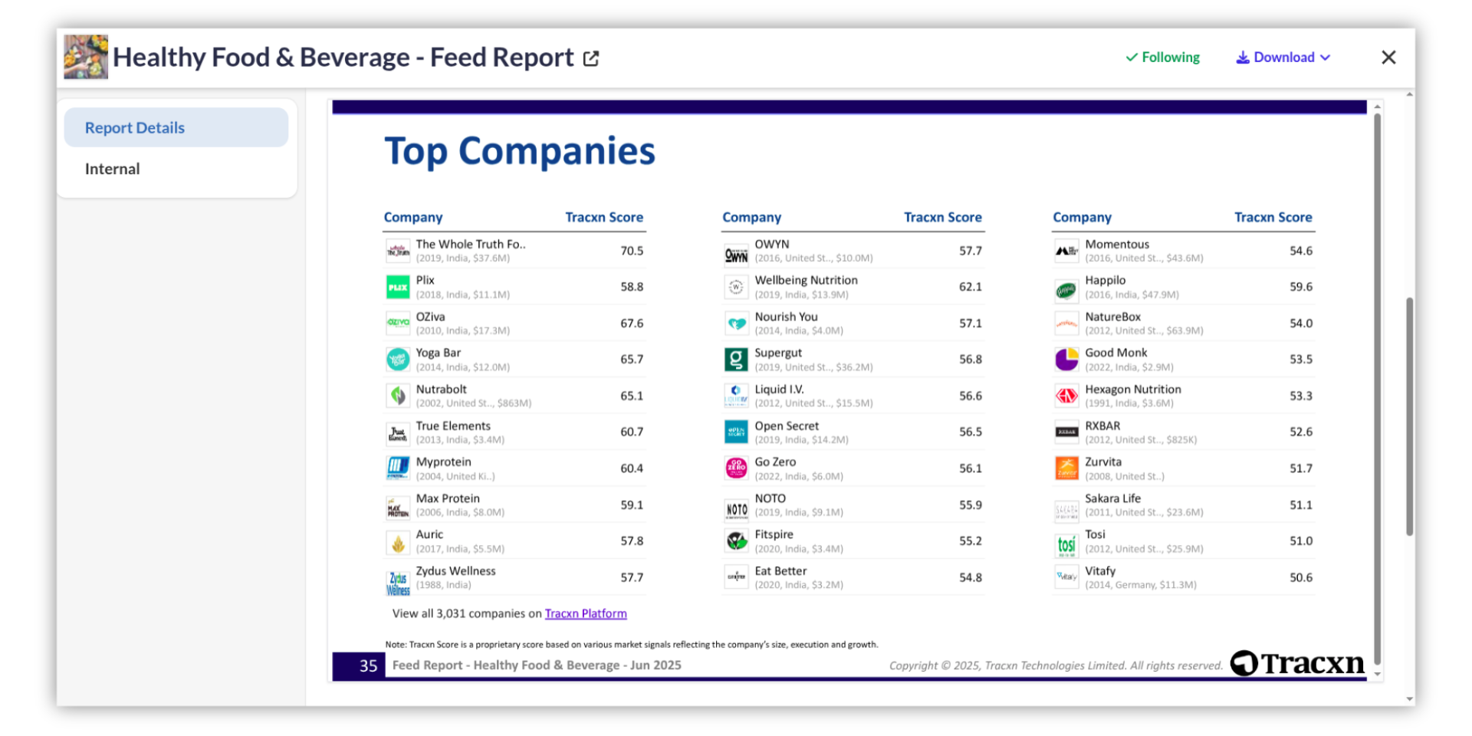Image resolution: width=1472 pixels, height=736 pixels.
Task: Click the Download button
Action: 1283,58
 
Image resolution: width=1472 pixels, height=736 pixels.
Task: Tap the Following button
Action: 1162,58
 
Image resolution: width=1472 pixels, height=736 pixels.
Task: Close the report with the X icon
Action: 1388,58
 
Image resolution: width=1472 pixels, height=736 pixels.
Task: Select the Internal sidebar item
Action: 113,169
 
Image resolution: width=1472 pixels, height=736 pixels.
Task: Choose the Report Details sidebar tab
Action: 135,128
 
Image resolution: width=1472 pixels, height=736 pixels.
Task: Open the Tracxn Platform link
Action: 586,613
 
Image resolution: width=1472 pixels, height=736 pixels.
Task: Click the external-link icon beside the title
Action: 591,58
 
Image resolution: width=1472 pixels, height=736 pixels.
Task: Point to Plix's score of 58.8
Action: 632,287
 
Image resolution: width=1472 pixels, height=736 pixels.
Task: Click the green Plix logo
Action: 398,287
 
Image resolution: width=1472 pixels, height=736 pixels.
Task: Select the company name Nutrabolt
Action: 442,389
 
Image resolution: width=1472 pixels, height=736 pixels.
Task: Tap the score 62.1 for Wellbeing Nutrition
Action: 970,287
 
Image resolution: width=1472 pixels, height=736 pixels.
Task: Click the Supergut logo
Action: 736,359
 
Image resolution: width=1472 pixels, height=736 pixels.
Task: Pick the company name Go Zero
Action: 775,462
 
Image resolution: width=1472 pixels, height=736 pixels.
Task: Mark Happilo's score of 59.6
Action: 1300,287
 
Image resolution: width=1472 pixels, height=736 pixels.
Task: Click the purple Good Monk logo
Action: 1066,359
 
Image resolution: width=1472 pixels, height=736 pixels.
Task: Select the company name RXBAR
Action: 1102,426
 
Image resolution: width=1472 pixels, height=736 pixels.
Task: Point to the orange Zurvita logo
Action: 1066,468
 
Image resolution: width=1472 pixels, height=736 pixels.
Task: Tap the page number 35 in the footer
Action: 368,665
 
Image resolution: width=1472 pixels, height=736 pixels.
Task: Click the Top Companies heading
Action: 520,151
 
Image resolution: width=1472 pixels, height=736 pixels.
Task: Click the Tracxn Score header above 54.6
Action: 1273,218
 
